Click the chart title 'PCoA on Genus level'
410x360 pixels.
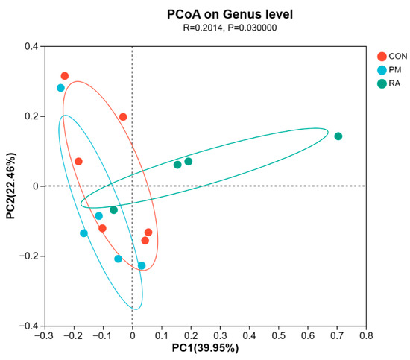[x=230, y=14]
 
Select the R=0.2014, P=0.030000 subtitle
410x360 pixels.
[x=230, y=28]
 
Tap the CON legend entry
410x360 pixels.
[x=392, y=56]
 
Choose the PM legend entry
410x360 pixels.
[x=389, y=70]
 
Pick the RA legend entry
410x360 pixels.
[x=389, y=83]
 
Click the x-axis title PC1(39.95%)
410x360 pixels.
[x=205, y=348]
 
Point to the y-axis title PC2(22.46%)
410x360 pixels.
[x=11, y=186]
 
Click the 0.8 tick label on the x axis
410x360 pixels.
[x=366, y=335]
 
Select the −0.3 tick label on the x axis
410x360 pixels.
[x=45, y=335]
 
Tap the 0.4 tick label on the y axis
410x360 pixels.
[x=31, y=46]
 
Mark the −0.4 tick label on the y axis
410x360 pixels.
[x=29, y=326]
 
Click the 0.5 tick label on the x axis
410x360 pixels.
[x=279, y=335]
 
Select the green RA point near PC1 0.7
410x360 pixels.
[x=338, y=136]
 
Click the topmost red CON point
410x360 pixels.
[x=65, y=76]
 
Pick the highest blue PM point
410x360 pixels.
[x=60, y=88]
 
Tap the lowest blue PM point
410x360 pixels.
[x=142, y=265]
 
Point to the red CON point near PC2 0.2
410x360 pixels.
[x=123, y=117]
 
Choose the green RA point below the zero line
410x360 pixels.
[x=113, y=210]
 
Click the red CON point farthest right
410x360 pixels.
[x=148, y=232]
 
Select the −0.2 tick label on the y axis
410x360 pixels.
[x=29, y=256]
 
